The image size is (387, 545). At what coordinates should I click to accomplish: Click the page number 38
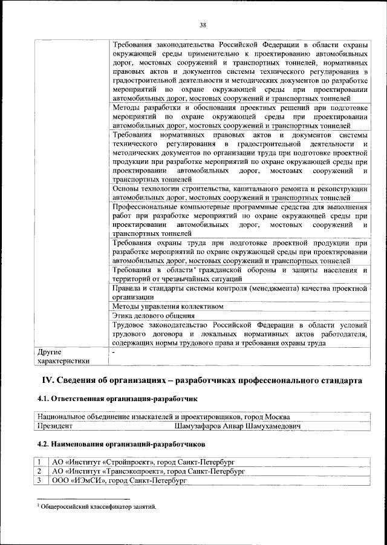click(x=203, y=25)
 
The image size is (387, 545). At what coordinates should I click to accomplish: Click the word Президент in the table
click(x=55, y=426)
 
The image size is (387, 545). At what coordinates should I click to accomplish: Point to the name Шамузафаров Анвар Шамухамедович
click(x=238, y=426)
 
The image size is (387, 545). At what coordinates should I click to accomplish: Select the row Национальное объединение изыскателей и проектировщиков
click(x=163, y=417)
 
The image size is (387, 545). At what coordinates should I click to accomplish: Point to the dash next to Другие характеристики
click(x=114, y=351)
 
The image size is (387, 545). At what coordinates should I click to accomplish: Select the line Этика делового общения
click(x=154, y=315)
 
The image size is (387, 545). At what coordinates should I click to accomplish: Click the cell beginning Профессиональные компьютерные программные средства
click(x=240, y=220)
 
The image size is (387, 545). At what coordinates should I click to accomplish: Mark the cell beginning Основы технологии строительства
click(x=240, y=193)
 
